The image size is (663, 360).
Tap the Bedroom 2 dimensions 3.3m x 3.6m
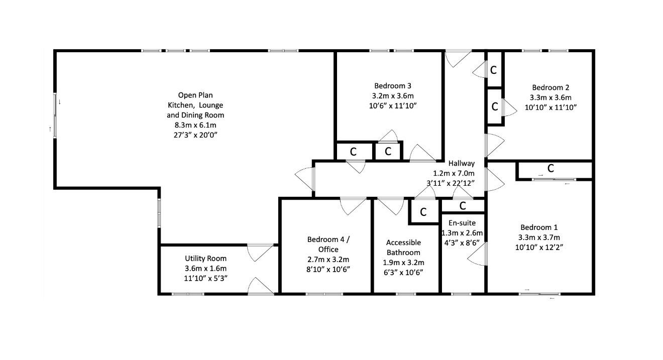(x=550, y=97)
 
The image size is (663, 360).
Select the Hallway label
(x=461, y=163)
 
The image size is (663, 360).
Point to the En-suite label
(x=462, y=223)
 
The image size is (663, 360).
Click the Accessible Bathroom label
(x=403, y=248)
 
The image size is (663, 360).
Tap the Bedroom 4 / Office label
(x=328, y=244)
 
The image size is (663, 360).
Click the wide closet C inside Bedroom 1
(x=550, y=169)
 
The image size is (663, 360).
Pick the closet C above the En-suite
(x=463, y=206)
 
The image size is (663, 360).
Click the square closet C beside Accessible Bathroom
(x=423, y=212)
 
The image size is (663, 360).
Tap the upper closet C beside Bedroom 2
(x=493, y=70)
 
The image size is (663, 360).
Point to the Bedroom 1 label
(x=538, y=227)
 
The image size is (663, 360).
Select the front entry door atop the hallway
(x=458, y=58)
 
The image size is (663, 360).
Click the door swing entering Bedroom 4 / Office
(x=353, y=205)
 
